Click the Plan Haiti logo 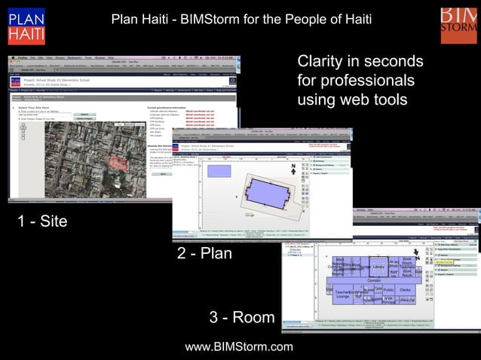(26, 26)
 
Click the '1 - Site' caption (42, 221)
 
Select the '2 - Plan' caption (204, 254)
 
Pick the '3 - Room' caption (241, 317)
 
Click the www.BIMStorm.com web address (239, 346)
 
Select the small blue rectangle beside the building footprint (219, 171)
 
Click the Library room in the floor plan (378, 267)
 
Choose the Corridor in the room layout (374, 281)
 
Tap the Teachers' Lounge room (342, 294)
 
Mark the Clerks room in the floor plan (405, 291)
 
